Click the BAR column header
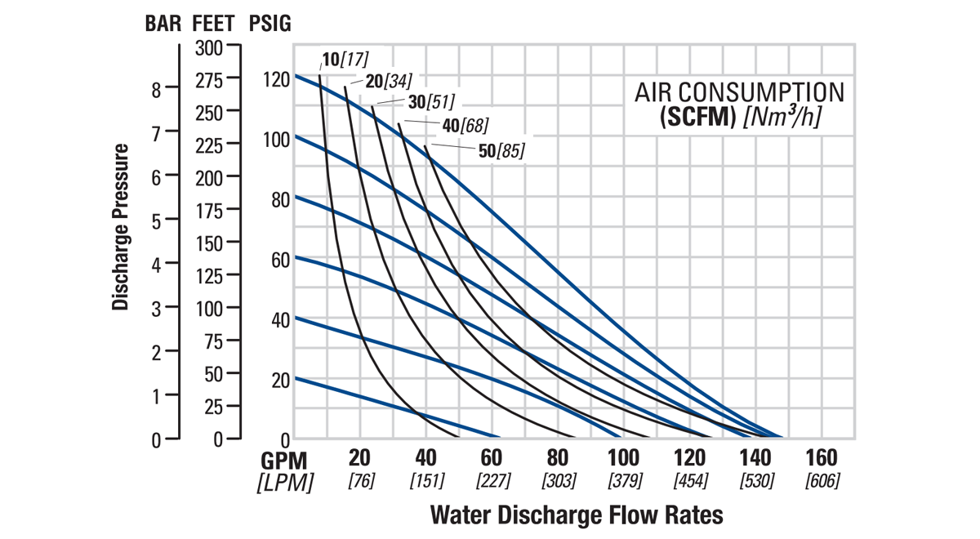pyautogui.click(x=164, y=23)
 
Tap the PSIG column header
pyautogui.click(x=268, y=23)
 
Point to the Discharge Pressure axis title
pyautogui.click(x=121, y=227)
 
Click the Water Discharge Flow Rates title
pyautogui.click(x=576, y=515)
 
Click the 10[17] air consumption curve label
pyautogui.click(x=345, y=60)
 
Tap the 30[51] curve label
pyautogui.click(x=430, y=102)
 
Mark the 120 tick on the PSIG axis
pyautogui.click(x=277, y=79)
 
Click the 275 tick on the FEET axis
pyautogui.click(x=219, y=80)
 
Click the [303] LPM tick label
pyautogui.click(x=559, y=480)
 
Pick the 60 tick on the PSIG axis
pyautogui.click(x=281, y=261)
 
